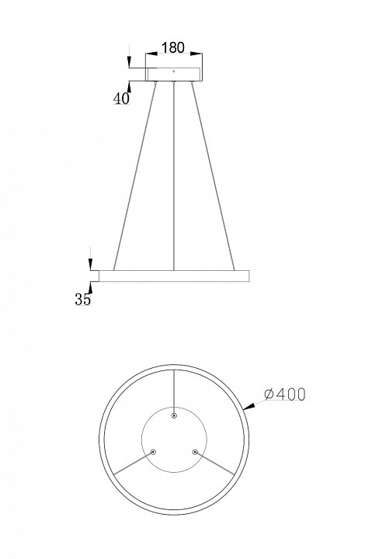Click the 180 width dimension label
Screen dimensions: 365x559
(x=173, y=47)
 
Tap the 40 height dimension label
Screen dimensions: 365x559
(x=121, y=99)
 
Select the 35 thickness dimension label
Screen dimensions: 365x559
(x=82, y=299)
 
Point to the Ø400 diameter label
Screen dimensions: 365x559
(x=285, y=394)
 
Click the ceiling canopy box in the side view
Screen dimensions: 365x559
(x=174, y=75)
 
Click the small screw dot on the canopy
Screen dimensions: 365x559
(x=174, y=71)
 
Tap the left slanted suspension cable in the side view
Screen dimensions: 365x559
(x=134, y=175)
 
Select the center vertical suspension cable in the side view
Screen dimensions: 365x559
(x=174, y=175)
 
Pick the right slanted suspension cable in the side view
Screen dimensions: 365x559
(x=213, y=175)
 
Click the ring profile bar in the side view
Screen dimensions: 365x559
(x=174, y=276)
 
